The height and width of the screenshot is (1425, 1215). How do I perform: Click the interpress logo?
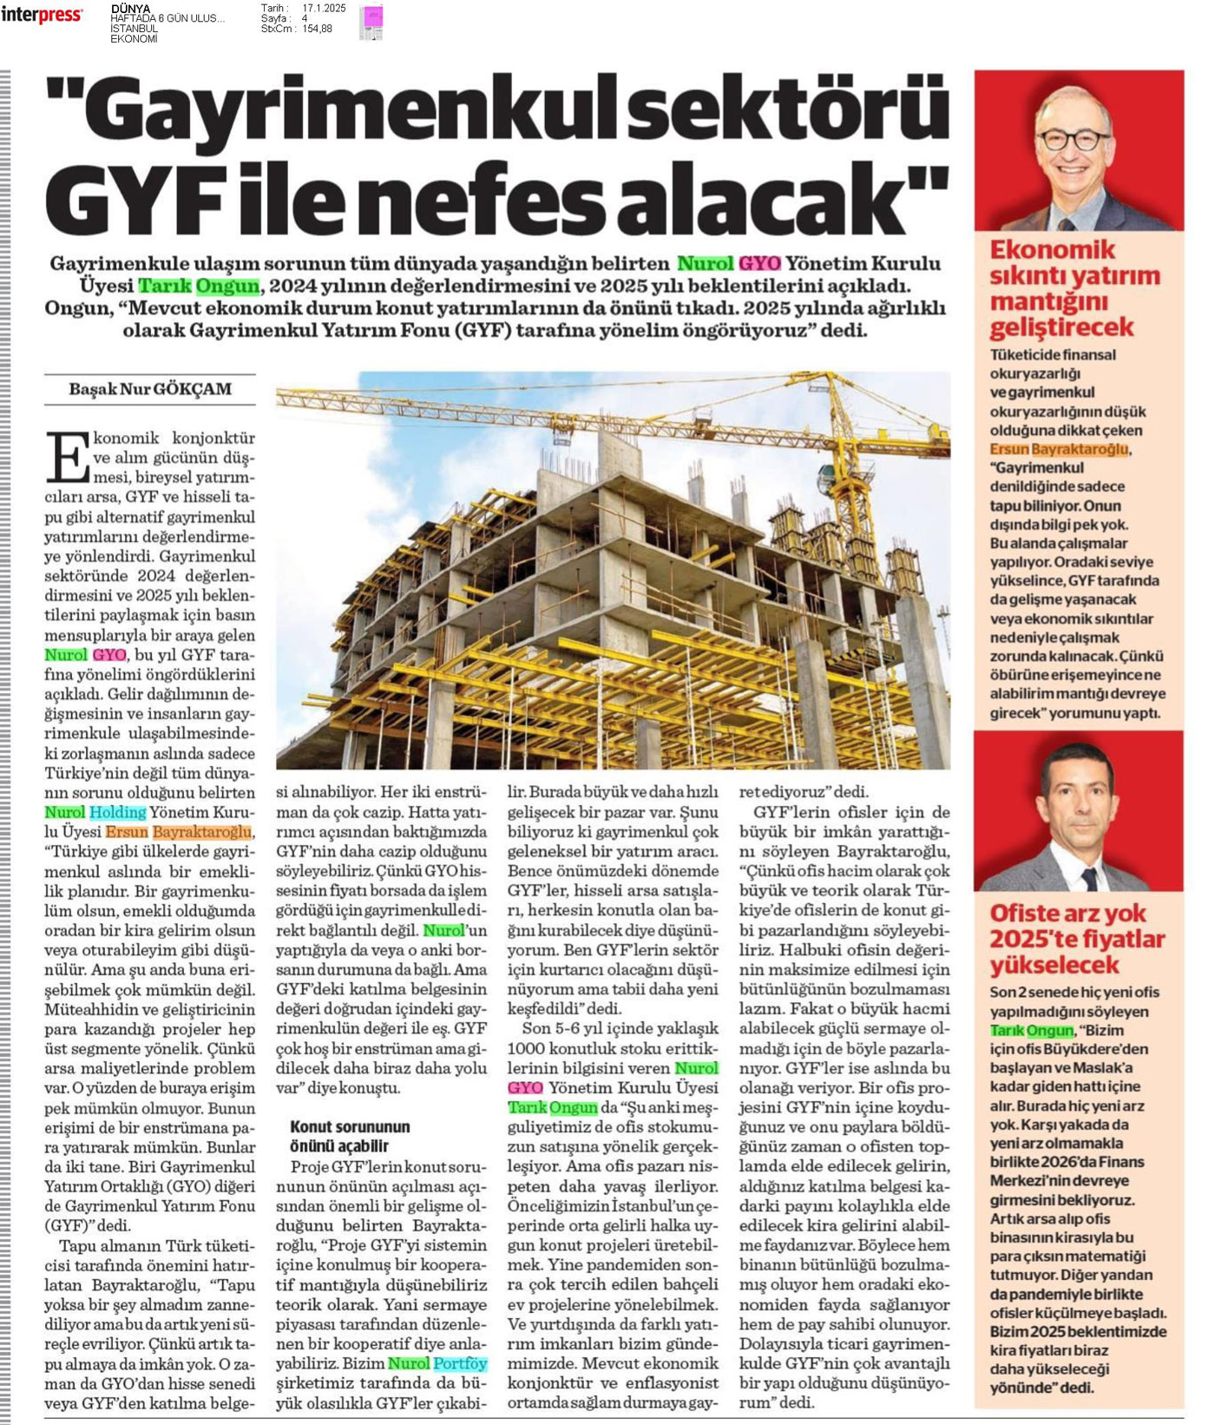42,15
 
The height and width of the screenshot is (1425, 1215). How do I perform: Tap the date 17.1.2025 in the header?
324,8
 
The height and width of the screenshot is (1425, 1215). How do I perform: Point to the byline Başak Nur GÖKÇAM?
150,389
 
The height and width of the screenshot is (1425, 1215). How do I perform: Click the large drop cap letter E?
67,457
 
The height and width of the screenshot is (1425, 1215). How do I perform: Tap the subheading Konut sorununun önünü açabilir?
350,1136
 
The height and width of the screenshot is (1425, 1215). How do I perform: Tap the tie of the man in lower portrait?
1087,879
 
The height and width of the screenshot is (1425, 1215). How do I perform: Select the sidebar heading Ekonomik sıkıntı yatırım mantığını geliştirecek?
1074,288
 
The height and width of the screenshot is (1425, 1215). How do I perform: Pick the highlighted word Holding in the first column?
118,812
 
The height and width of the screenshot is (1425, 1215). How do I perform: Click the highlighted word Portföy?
460,1363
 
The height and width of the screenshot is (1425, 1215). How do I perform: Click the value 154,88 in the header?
317,29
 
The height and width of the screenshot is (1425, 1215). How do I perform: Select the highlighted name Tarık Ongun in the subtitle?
199,286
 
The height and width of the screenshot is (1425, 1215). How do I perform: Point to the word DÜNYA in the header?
130,9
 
